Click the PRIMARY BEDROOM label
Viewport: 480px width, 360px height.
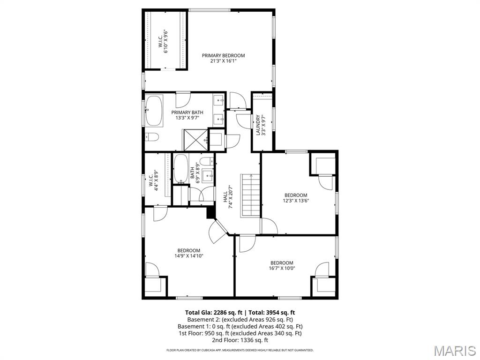pyautogui.click(x=223, y=55)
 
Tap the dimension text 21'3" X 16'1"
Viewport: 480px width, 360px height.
pyautogui.click(x=223, y=61)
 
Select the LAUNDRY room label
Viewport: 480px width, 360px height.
pyautogui.click(x=258, y=125)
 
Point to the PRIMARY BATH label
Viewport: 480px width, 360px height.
pyautogui.click(x=187, y=112)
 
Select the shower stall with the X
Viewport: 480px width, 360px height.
pyautogui.click(x=195, y=139)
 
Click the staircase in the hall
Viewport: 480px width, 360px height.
pyautogui.click(x=250, y=195)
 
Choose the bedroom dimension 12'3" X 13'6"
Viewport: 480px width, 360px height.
pyautogui.click(x=296, y=201)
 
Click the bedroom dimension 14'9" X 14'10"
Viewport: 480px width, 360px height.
pyautogui.click(x=188, y=256)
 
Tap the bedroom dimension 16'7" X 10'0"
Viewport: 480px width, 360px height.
pyautogui.click(x=282, y=269)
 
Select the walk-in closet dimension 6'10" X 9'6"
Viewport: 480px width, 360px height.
pyautogui.click(x=166, y=42)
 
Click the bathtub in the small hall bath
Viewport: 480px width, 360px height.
pyautogui.click(x=181, y=169)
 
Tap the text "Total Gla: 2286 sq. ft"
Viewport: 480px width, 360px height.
pyautogui.click(x=213, y=312)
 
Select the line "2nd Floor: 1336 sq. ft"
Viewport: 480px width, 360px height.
pyautogui.click(x=240, y=340)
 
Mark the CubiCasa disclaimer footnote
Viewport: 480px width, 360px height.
pyautogui.click(x=240, y=350)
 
